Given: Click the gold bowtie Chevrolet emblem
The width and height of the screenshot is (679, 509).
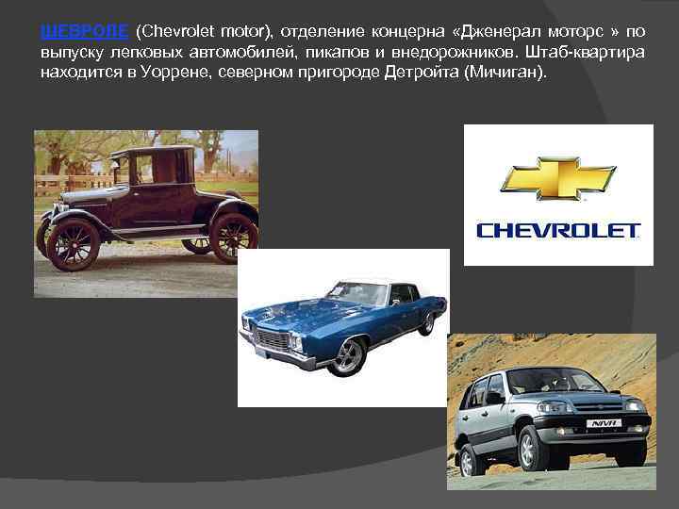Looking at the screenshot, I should [557, 178].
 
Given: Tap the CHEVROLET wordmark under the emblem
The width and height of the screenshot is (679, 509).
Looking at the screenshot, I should [558, 230].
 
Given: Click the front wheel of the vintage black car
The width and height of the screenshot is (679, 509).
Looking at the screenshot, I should [73, 244].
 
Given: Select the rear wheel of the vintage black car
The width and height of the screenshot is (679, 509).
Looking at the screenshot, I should [233, 236].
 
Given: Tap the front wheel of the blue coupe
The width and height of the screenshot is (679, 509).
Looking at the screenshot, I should [347, 355].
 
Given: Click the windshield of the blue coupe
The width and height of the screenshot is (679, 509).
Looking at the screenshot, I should [356, 294].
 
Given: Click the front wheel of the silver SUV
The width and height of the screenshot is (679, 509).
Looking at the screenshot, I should [533, 447].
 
